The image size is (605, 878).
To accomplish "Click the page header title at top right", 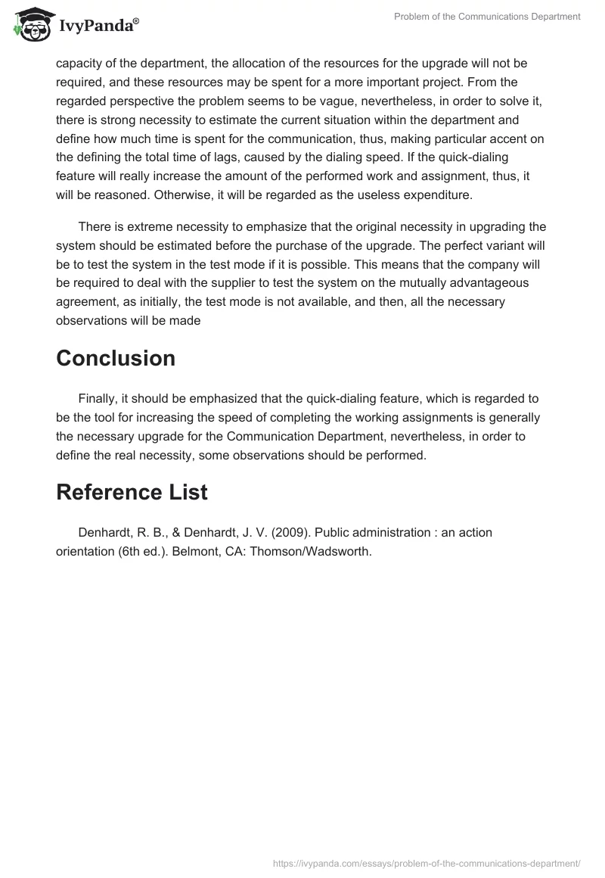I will [487, 17].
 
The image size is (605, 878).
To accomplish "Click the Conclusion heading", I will [116, 358].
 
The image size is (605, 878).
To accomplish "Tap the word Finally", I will [100, 399].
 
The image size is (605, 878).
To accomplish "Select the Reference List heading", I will [132, 492].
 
